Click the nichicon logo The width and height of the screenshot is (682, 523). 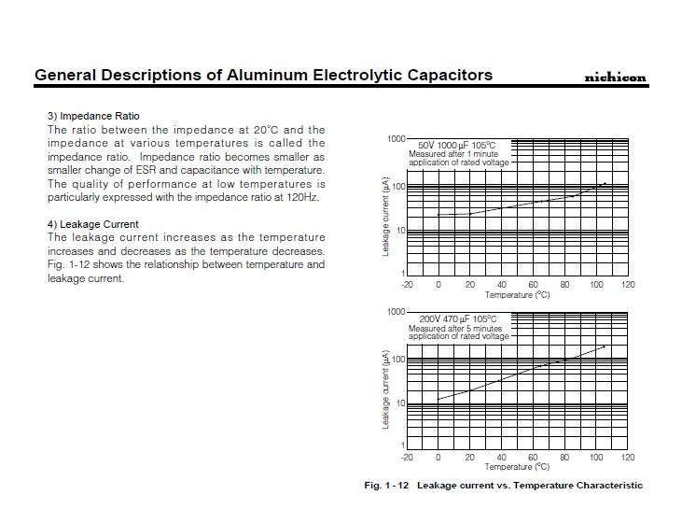tap(615, 78)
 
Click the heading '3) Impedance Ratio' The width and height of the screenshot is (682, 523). tap(93, 116)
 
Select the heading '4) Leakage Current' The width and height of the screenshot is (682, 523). tap(92, 224)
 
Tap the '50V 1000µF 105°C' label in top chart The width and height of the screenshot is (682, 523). tap(457, 146)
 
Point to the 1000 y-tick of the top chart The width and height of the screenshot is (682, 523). tap(396, 139)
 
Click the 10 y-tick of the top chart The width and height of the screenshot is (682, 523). tap(399, 231)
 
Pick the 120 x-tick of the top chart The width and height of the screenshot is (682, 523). tap(628, 285)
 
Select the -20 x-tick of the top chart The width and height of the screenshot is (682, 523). tap(407, 285)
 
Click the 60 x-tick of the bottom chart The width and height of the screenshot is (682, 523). tap(533, 458)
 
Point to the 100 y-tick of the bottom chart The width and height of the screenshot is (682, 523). tap(397, 360)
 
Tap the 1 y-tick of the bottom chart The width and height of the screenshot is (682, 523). tap(403, 445)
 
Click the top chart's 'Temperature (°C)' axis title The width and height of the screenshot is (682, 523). tap(517, 295)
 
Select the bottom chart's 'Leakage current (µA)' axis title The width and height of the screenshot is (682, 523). tap(385, 389)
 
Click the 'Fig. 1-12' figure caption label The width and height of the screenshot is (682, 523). tap(386, 486)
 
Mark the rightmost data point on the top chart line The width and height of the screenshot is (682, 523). tap(605, 184)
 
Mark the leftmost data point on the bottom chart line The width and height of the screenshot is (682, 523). tap(438, 399)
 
